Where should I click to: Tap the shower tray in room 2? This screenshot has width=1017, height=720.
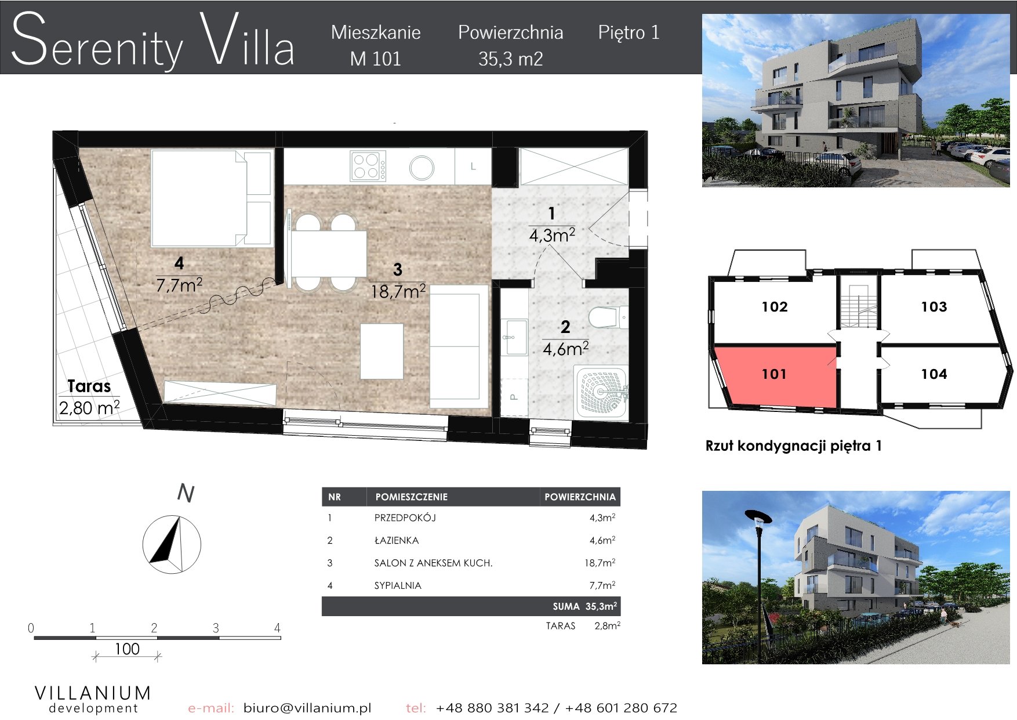(x=601, y=392)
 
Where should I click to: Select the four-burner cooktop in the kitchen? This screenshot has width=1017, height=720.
(x=368, y=166)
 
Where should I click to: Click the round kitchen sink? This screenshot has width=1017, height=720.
(x=422, y=168)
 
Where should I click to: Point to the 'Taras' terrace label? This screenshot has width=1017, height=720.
(x=89, y=386)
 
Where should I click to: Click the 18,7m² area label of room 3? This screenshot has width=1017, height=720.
(x=398, y=291)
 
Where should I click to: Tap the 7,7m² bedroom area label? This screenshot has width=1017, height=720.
(x=179, y=285)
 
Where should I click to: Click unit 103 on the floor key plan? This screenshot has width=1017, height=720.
(x=934, y=307)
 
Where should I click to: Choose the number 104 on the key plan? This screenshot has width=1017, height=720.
(x=934, y=374)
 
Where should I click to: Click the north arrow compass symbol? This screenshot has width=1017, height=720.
(x=172, y=544)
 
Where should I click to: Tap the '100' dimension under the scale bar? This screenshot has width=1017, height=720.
(x=127, y=649)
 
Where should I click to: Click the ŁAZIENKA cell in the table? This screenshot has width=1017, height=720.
(x=397, y=540)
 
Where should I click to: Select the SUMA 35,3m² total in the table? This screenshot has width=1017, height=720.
(x=584, y=606)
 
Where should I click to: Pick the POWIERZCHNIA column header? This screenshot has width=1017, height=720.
(x=580, y=497)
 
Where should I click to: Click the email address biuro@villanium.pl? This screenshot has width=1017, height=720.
(x=307, y=708)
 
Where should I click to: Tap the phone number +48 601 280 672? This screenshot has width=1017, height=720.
(x=621, y=708)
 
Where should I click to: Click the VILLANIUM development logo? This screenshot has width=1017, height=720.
(x=93, y=699)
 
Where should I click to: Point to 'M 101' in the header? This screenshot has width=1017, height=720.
(x=376, y=59)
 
